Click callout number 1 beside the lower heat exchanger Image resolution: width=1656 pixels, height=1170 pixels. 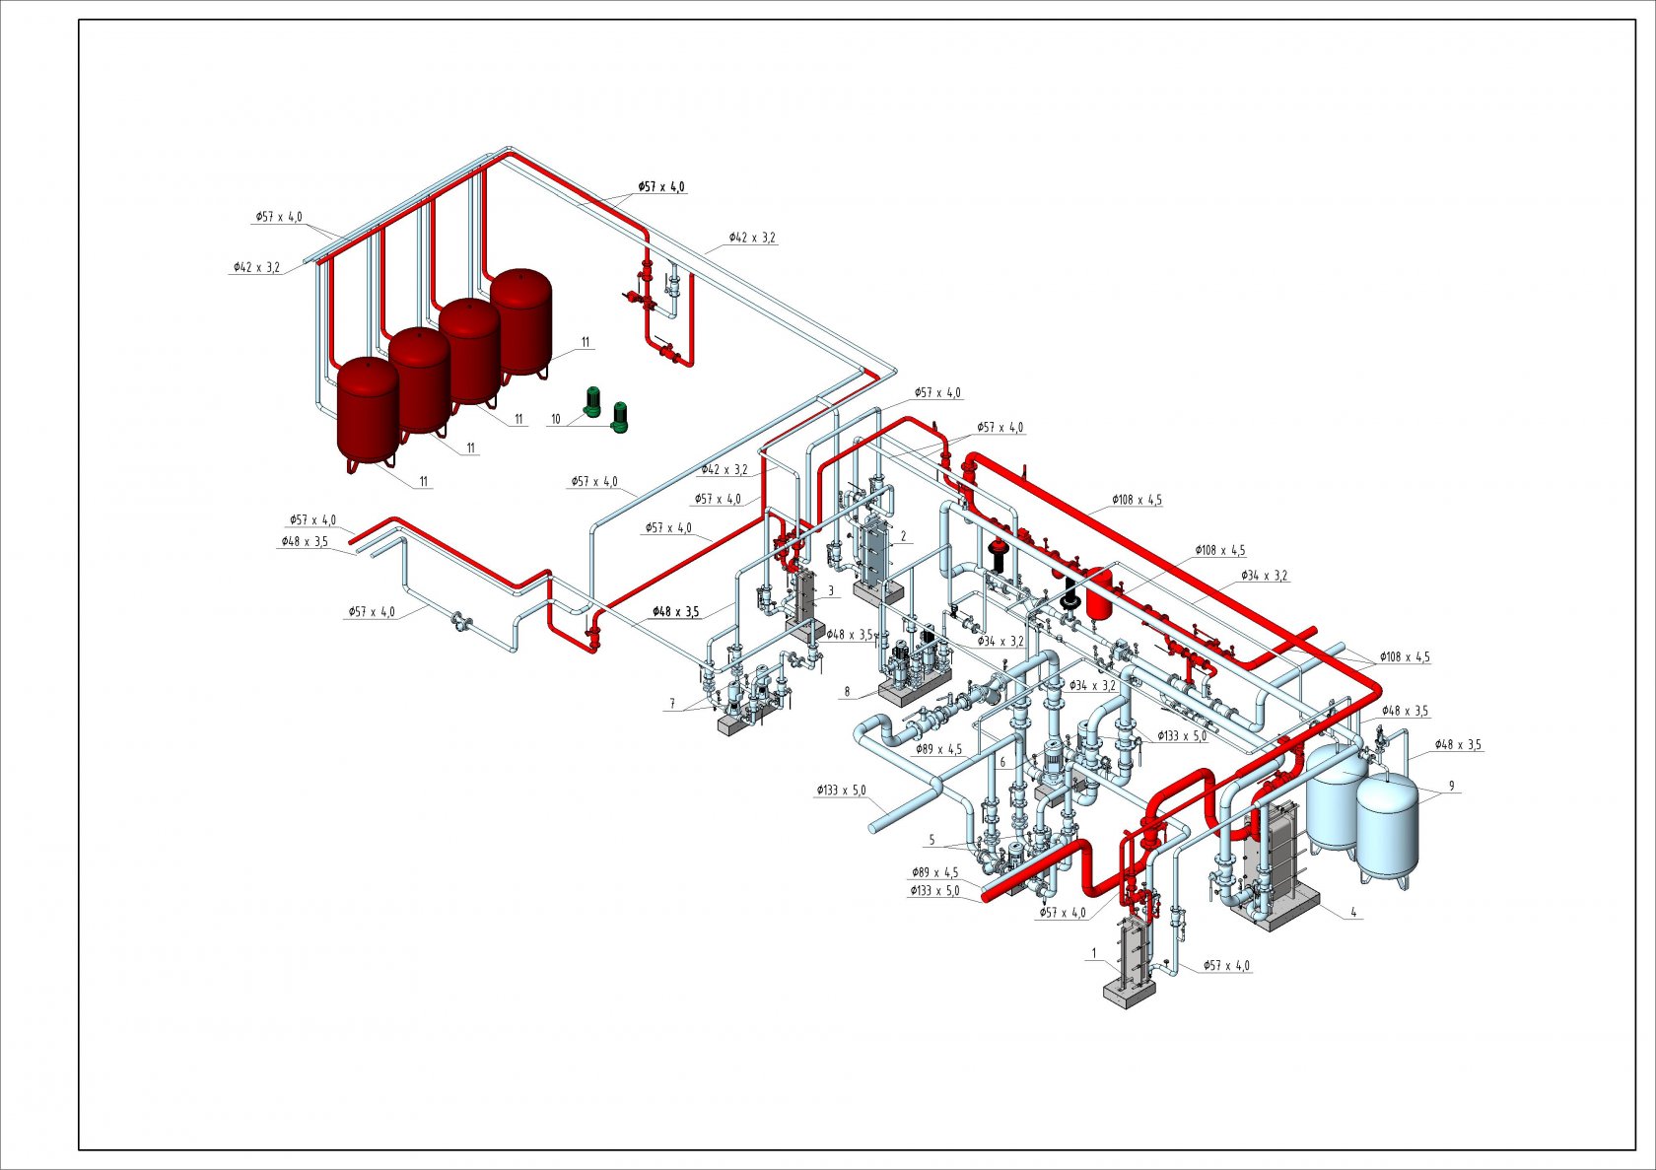coord(1095,953)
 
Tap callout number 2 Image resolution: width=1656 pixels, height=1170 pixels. coord(903,536)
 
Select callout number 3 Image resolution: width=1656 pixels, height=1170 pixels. coord(831,591)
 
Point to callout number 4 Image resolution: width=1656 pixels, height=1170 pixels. coord(1353,913)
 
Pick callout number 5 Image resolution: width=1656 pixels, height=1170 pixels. coord(931,841)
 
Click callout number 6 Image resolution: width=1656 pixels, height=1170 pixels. coord(1002,763)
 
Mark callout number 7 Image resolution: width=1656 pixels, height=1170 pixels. coord(672,704)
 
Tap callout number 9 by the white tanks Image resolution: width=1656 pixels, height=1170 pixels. coord(1451,786)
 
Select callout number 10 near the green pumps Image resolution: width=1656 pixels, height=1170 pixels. coord(556,419)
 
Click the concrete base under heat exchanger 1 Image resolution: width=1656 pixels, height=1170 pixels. coord(1129,992)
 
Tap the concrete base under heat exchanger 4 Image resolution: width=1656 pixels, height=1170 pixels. coord(1275,910)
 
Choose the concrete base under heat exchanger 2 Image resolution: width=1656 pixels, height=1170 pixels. coord(879,590)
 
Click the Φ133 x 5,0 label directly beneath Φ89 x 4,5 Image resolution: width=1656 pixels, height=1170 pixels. coord(934,891)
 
